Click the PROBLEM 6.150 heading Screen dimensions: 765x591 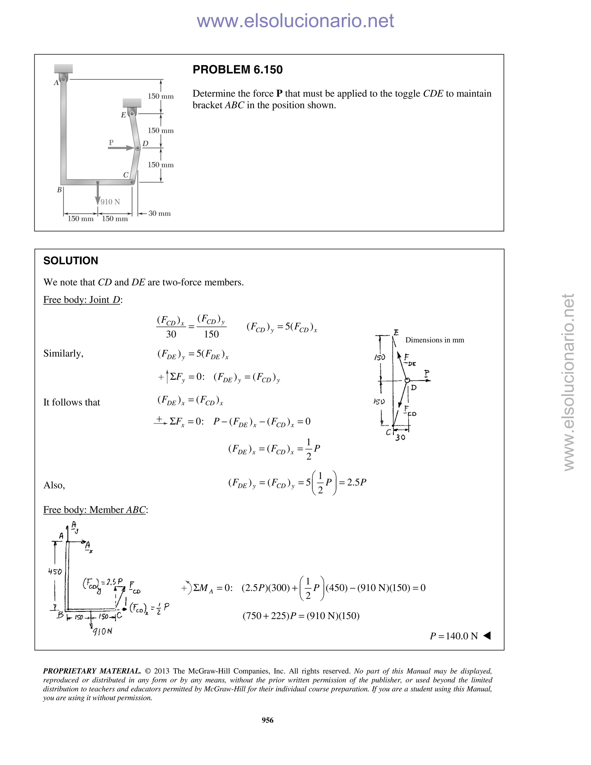[x=237, y=70]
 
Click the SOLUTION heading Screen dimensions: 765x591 [x=71, y=261]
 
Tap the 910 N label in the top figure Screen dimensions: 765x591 [x=110, y=202]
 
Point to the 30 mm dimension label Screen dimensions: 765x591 [x=159, y=213]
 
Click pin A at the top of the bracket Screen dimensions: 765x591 [x=63, y=79]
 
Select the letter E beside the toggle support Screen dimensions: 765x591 [x=123, y=115]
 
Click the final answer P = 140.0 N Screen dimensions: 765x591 [x=454, y=636]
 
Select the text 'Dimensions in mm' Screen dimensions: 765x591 [x=435, y=340]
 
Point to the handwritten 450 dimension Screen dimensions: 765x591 [x=55, y=571]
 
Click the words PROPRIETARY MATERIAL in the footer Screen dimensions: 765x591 [x=92, y=671]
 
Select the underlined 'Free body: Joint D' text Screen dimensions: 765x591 [x=82, y=300]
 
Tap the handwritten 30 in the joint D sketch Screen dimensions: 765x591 [x=400, y=437]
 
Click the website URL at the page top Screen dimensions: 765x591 [x=295, y=21]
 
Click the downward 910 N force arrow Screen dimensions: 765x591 [x=98, y=194]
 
